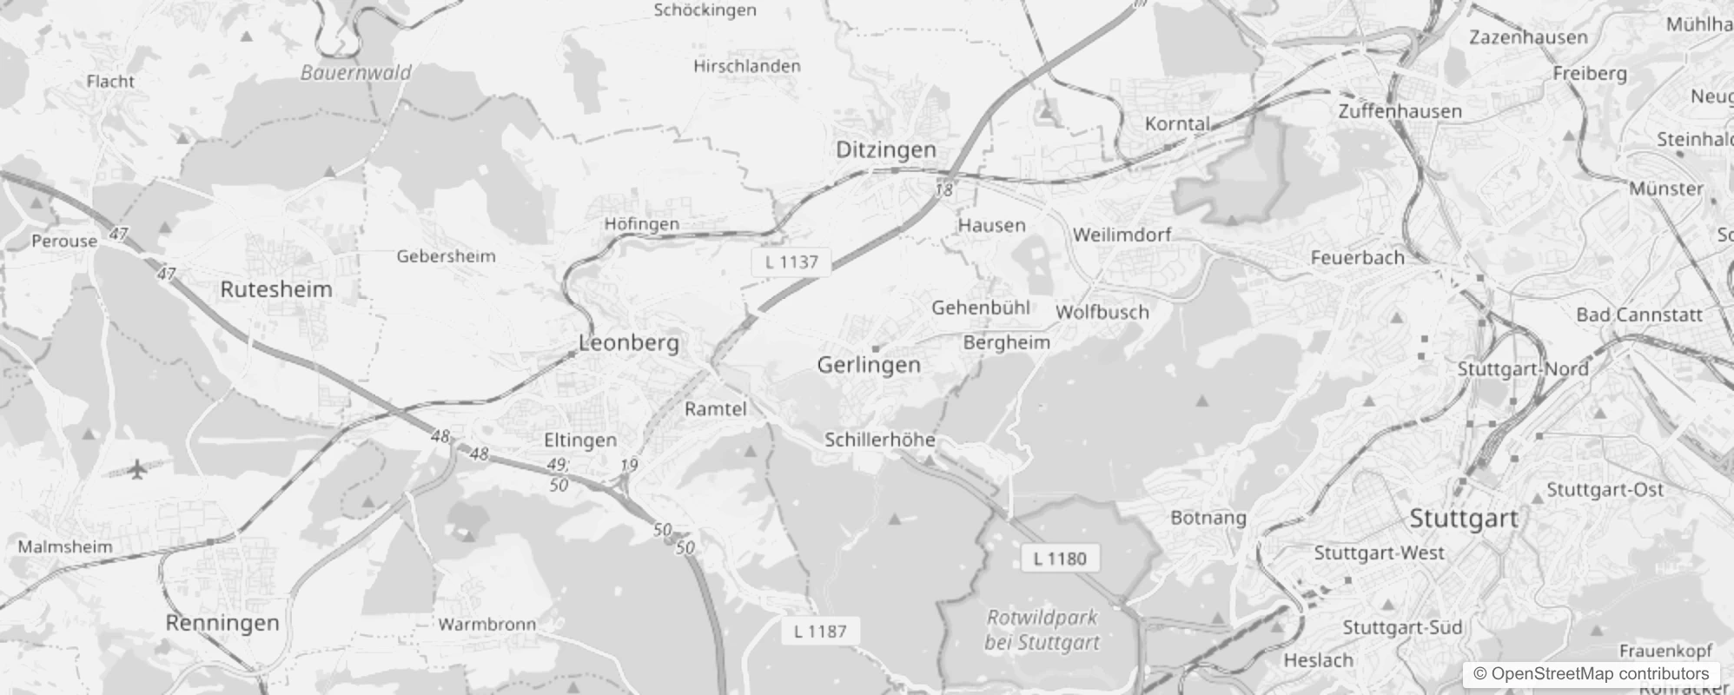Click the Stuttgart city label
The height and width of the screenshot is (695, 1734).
[x=1463, y=519]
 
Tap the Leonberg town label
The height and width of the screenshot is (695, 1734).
[x=629, y=342]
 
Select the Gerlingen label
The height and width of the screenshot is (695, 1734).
[x=869, y=365]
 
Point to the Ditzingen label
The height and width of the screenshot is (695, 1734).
[x=886, y=149]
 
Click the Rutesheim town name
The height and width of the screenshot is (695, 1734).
[x=276, y=289]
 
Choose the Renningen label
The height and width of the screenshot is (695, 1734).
[x=222, y=623]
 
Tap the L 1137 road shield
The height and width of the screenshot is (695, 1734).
[x=791, y=261]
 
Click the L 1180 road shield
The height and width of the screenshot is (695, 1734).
[x=1060, y=559]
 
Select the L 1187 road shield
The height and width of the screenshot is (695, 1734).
[x=819, y=632]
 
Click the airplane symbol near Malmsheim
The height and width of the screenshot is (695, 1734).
[x=137, y=470]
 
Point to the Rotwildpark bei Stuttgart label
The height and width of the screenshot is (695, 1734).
[x=1042, y=630]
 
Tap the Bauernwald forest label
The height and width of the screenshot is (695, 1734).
[x=356, y=73]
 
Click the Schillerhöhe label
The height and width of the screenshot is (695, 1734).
[x=880, y=440]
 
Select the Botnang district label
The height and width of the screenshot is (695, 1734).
[x=1208, y=518]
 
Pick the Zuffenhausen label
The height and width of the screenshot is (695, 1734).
[x=1400, y=111]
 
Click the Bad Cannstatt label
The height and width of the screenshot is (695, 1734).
[x=1639, y=314]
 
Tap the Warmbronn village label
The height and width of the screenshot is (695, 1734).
[x=486, y=624]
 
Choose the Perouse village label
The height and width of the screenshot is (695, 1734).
[x=64, y=241]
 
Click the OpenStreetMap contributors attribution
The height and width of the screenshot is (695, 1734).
[x=1591, y=674]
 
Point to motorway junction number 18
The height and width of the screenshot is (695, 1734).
[x=944, y=189]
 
